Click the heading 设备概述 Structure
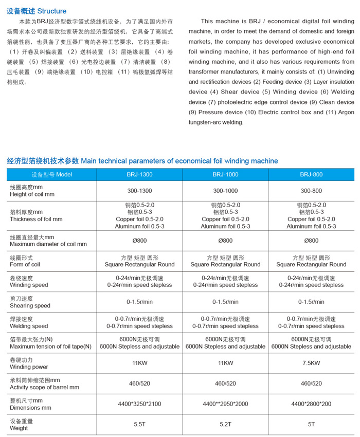(x=36, y=11)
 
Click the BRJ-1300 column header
(x=139, y=174)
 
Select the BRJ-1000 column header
(x=225, y=174)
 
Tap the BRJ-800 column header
(x=311, y=174)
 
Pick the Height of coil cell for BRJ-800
(x=311, y=191)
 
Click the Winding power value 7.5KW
(x=311, y=363)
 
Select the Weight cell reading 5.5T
(x=139, y=425)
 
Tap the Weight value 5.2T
(x=225, y=425)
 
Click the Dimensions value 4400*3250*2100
(x=139, y=404)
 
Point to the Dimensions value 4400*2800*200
(x=311, y=404)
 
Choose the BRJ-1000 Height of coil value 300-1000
(x=225, y=191)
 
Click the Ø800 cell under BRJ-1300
(x=139, y=240)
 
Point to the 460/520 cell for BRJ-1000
(x=225, y=384)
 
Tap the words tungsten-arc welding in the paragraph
(x=216, y=122)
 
